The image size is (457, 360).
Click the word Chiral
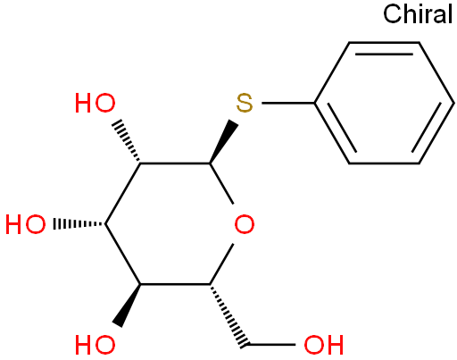(418, 14)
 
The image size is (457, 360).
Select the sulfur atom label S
(245, 104)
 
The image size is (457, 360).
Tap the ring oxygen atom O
(245, 224)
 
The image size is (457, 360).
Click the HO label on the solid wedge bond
(95, 345)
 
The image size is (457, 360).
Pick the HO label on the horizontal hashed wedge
(26, 224)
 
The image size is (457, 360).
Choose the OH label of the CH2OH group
(324, 345)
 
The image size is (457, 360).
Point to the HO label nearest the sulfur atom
(95, 104)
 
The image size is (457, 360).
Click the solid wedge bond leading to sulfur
(223, 142)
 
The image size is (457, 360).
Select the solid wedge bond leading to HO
(127, 306)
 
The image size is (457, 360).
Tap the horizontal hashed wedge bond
(79, 224)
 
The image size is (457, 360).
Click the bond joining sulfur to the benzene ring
(288, 104)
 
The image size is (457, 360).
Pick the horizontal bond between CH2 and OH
(271, 345)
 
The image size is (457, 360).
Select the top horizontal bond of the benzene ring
(384, 43)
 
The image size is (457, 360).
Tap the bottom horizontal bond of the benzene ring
(384, 163)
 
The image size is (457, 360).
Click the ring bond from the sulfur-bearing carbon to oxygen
(221, 183)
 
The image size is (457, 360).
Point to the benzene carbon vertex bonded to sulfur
(314, 104)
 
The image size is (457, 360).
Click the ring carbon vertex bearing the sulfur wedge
(210, 163)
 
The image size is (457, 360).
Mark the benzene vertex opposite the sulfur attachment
(453, 104)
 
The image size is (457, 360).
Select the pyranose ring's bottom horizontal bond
(175, 284)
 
